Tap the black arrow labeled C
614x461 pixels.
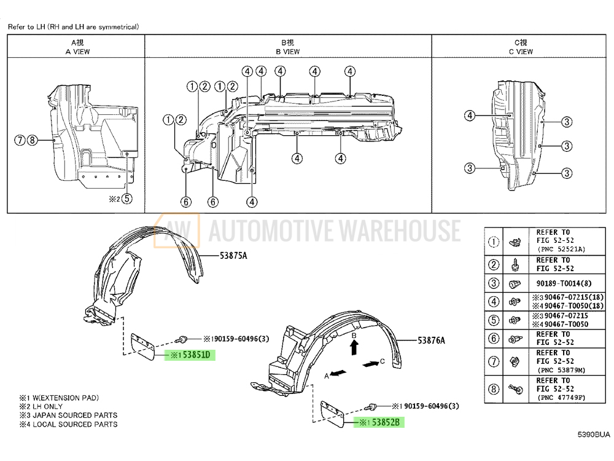(370, 364)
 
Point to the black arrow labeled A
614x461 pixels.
(338, 372)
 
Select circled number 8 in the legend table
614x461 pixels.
(493, 388)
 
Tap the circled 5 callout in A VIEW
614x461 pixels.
(126, 198)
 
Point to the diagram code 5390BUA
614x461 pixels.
(594, 435)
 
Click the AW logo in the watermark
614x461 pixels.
(177, 230)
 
